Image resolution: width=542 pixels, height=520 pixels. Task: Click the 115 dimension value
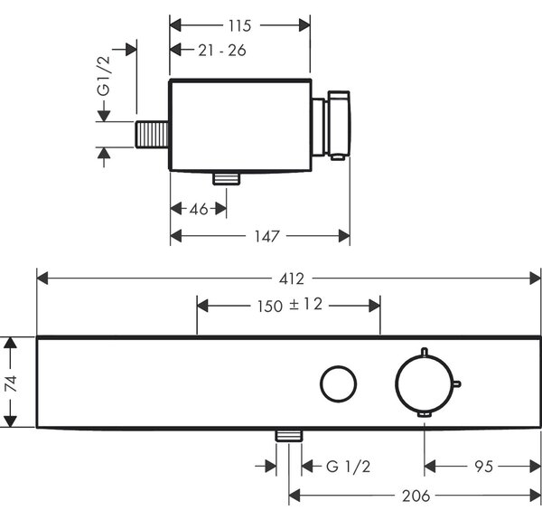coord(239,25)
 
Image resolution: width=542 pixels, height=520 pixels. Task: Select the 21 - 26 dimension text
coord(222,51)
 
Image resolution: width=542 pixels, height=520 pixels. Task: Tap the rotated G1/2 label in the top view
coord(104,76)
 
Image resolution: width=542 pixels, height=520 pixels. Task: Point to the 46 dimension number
coord(199,209)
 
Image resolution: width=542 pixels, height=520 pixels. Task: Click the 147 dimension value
coord(266,236)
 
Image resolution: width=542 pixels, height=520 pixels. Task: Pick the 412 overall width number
coord(292,279)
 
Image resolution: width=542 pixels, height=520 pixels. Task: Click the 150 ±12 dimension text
coord(290,305)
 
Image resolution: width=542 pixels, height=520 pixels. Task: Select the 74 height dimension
coord(11,383)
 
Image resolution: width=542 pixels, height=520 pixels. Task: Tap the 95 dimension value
coord(483,467)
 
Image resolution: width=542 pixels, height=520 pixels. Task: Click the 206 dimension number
coord(416,496)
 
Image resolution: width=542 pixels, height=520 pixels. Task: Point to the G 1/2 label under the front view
coord(348,467)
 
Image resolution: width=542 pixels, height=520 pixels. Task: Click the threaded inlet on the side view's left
coord(152,134)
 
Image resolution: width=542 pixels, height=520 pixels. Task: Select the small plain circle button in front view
coord(339,383)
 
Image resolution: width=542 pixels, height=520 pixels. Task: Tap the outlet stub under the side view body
coord(227,178)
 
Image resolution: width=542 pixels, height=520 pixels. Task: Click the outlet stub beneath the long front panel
coord(289,436)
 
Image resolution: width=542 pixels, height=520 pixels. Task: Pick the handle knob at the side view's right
coord(339,126)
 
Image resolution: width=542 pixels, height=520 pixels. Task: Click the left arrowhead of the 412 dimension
coord(42,279)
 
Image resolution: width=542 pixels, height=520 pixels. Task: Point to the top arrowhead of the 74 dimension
coord(10,343)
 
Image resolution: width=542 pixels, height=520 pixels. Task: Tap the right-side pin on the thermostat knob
coord(457,383)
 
